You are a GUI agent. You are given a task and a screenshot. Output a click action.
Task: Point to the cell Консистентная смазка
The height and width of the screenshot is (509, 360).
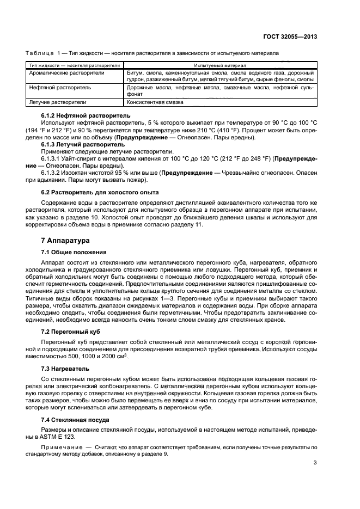click(155, 102)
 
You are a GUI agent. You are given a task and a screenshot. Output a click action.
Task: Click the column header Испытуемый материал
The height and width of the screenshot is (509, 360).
click(220, 65)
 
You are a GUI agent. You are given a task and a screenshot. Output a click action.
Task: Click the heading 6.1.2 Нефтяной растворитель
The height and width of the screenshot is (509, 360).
click(86, 116)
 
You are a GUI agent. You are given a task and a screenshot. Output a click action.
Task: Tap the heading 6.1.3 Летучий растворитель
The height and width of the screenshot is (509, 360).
click(83, 144)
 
